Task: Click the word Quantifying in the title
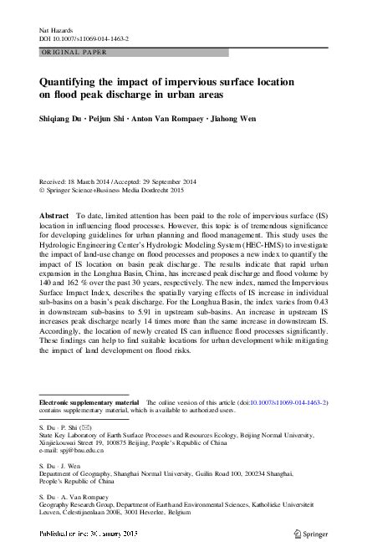tap(74, 82)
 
